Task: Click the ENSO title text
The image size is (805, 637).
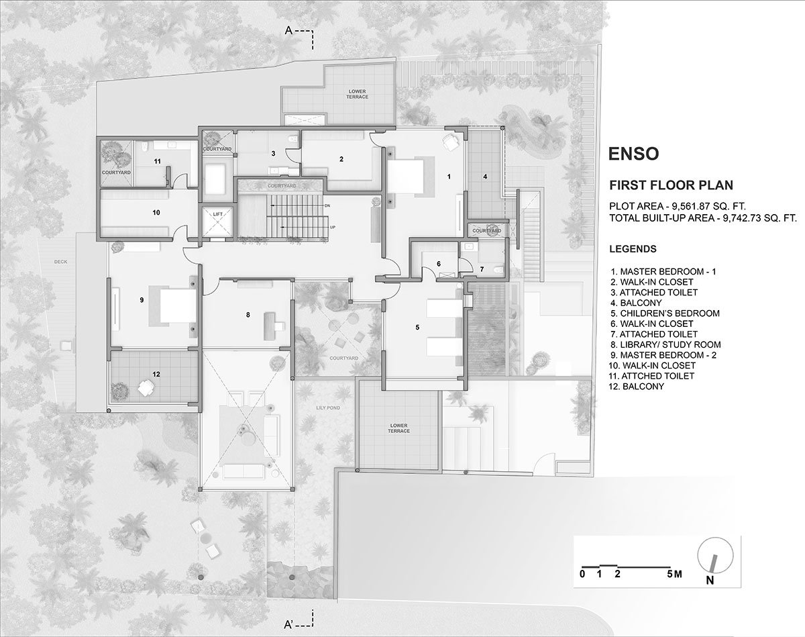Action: [633, 154]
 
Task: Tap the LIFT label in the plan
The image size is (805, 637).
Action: [218, 214]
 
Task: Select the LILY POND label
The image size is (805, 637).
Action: [328, 407]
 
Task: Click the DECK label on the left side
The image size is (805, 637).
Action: [60, 262]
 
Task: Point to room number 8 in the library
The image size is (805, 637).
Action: [248, 315]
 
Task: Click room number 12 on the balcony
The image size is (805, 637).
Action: [156, 374]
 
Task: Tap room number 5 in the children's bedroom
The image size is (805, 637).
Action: [417, 327]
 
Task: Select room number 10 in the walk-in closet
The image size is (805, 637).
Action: [156, 213]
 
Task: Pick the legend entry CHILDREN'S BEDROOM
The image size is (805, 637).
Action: [665, 313]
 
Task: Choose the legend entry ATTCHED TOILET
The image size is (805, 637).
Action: [651, 376]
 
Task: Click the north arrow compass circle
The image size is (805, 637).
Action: [715, 555]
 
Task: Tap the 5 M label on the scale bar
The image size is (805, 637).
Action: [674, 574]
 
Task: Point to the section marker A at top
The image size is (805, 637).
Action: [288, 30]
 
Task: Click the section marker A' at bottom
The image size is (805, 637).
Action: [288, 624]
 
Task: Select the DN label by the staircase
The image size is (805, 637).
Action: [327, 206]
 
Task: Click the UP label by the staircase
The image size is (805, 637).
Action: [333, 227]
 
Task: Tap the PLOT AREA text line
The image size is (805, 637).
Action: [678, 206]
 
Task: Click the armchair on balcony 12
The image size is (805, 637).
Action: [146, 387]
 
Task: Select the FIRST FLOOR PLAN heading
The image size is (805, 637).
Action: [671, 185]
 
